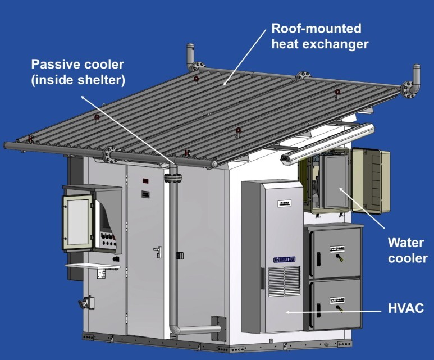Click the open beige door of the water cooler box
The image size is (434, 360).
pos(371,181)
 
